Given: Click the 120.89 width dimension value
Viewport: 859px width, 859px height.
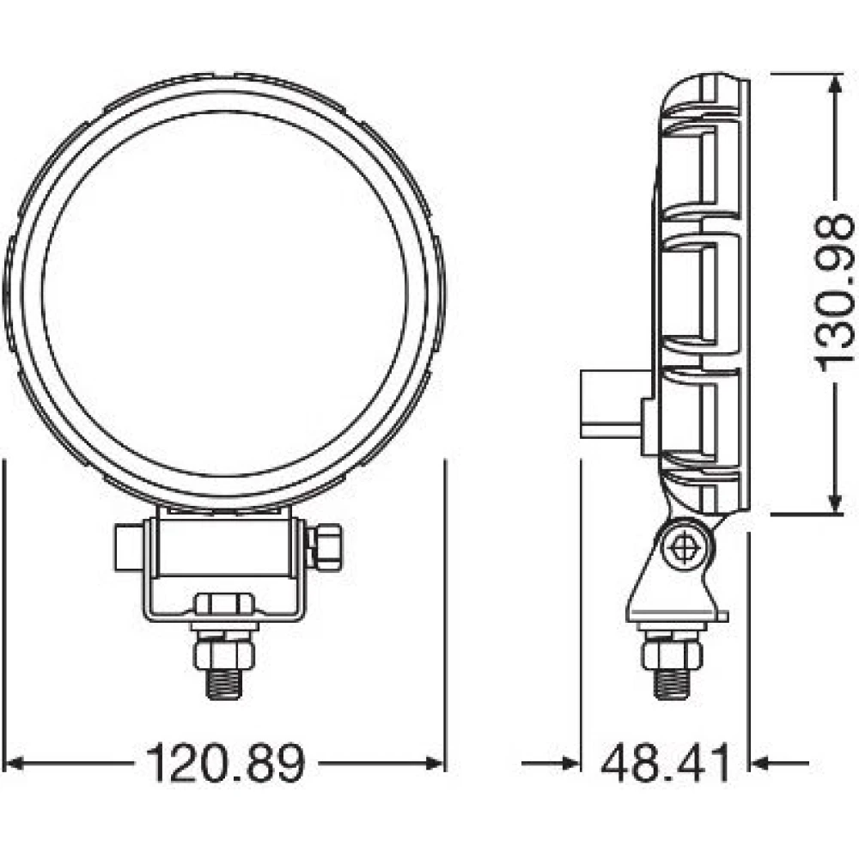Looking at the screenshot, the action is pyautogui.click(x=225, y=763).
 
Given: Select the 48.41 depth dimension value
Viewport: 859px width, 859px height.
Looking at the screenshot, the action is pyautogui.click(x=666, y=763).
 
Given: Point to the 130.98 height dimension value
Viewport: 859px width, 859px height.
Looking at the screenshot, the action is pyautogui.click(x=833, y=293).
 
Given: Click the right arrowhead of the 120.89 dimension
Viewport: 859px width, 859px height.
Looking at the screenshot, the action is pyautogui.click(x=436, y=763).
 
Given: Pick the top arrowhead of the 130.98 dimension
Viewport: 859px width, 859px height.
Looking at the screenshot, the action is pyautogui.click(x=834, y=83).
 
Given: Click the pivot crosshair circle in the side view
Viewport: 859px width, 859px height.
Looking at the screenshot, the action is pyautogui.click(x=685, y=546).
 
